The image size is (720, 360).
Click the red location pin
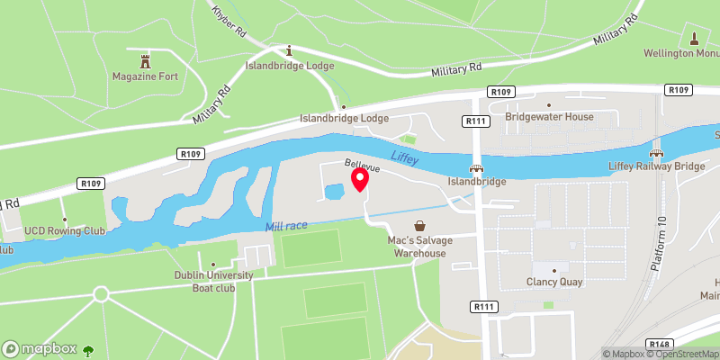(360, 179)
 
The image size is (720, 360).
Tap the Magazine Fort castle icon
(145, 61)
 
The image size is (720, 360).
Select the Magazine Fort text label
(145, 76)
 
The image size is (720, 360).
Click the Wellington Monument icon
(694, 39)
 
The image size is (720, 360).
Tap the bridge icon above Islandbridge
(476, 167)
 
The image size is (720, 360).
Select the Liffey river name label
(406, 157)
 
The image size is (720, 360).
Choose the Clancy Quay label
(554, 282)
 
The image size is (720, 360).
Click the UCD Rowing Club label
(66, 231)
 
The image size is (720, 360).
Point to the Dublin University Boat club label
(213, 282)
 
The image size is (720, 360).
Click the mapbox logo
(40, 348)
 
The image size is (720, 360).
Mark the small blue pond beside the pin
(334, 192)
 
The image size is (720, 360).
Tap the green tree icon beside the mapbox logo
(88, 349)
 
